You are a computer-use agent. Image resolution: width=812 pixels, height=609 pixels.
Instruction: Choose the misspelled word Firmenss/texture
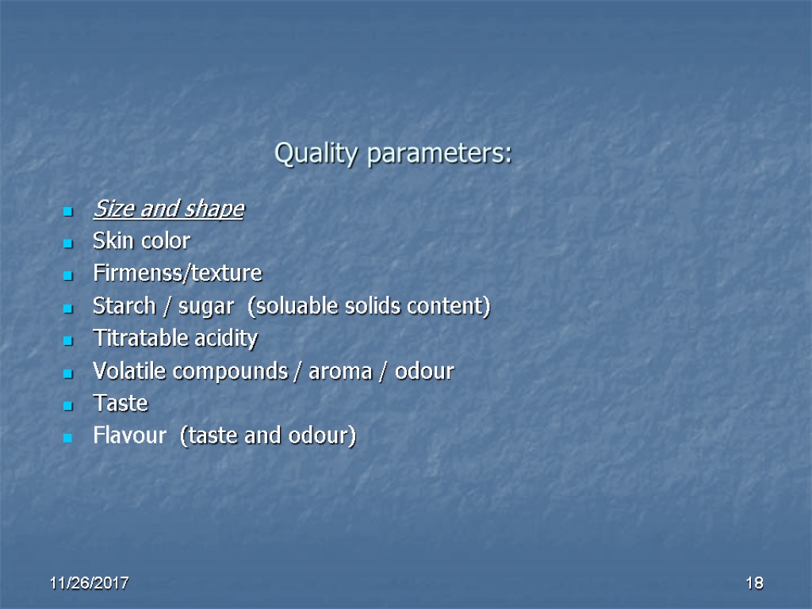177,274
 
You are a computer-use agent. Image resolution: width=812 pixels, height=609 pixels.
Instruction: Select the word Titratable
140,339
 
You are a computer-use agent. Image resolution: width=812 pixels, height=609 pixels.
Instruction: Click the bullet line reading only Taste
121,404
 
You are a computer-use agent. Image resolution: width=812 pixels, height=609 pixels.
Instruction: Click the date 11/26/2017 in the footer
90,584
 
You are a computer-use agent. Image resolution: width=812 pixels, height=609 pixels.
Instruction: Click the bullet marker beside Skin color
67,242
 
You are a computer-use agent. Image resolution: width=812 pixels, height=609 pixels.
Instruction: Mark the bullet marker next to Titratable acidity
67,340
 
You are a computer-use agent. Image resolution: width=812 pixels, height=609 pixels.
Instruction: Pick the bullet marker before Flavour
67,438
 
